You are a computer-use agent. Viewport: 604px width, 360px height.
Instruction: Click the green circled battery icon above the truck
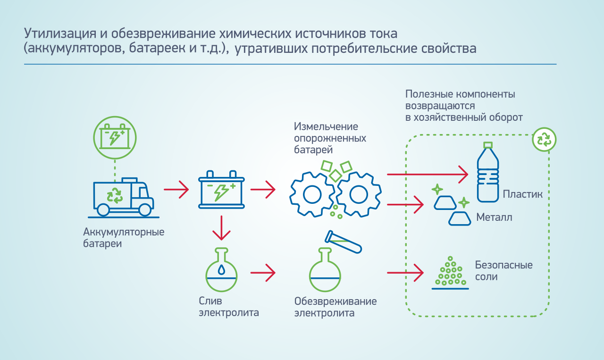(x=115, y=137)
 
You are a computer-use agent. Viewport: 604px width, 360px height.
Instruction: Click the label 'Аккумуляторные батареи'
(x=124, y=238)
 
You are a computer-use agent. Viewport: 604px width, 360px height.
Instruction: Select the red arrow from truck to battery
(x=176, y=190)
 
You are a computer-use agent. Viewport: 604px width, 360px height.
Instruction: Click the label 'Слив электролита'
(x=229, y=306)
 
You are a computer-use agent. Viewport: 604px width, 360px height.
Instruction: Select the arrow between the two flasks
(x=263, y=273)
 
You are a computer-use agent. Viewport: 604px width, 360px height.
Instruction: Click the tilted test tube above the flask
(x=343, y=241)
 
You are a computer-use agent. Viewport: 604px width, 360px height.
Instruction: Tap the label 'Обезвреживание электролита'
(x=336, y=307)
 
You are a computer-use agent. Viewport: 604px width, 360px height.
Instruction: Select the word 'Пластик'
(x=522, y=194)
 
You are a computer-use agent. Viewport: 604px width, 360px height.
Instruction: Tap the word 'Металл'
(x=494, y=218)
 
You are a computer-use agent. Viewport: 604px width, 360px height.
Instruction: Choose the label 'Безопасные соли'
(x=504, y=270)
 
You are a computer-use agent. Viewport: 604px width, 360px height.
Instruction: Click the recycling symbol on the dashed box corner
(x=544, y=139)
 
